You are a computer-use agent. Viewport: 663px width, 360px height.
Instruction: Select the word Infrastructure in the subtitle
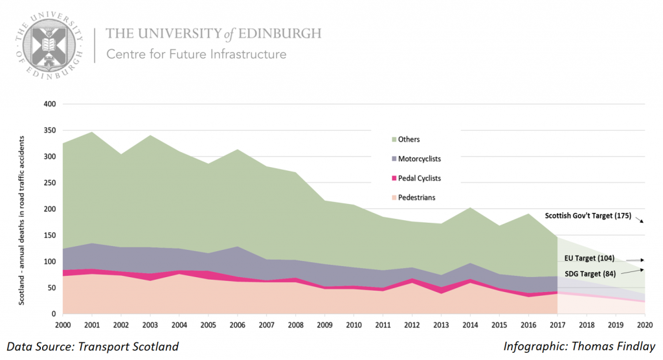(248, 54)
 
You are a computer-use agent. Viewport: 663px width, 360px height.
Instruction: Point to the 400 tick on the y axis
(50, 104)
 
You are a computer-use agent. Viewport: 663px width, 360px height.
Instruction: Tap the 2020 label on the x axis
(644, 325)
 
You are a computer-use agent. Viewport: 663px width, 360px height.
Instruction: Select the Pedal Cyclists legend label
(420, 178)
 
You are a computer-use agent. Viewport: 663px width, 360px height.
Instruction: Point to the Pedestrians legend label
(417, 197)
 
